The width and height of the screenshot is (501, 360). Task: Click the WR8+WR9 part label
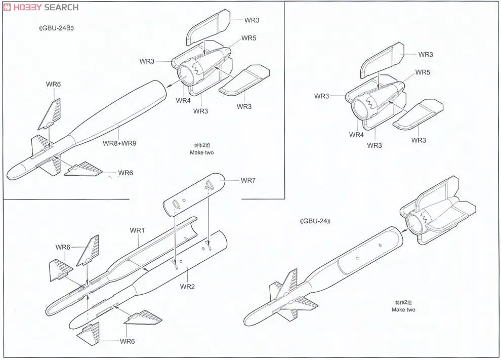(x=119, y=143)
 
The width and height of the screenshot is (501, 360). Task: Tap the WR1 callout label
(x=137, y=230)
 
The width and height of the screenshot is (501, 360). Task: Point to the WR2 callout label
(x=187, y=287)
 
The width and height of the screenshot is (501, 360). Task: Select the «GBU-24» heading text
(x=318, y=221)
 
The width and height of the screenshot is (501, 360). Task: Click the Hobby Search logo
(x=40, y=7)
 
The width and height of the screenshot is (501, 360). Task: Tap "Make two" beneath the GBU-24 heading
(x=403, y=309)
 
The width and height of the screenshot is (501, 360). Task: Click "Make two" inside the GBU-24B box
(x=202, y=152)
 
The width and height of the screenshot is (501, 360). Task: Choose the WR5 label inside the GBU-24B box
(x=249, y=38)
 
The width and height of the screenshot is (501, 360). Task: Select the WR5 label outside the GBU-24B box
(x=423, y=72)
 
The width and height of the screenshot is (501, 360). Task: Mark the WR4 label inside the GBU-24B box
(x=183, y=100)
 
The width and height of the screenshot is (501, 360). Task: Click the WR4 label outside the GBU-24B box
(x=356, y=135)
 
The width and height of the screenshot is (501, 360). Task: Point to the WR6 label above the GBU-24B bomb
(x=53, y=84)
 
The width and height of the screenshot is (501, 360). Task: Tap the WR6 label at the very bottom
(x=128, y=341)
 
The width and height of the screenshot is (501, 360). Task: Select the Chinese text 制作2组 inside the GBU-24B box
(x=202, y=145)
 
